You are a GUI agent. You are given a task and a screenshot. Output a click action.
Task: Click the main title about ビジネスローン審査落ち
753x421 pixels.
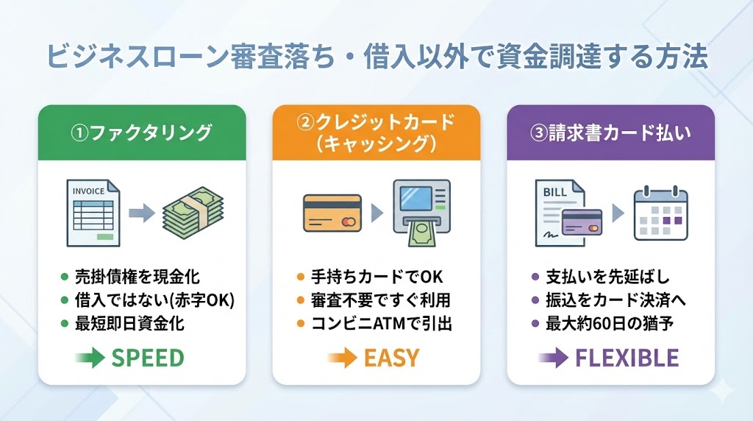point(376,57)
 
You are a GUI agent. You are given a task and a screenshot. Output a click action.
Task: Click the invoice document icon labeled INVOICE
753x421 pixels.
point(93,213)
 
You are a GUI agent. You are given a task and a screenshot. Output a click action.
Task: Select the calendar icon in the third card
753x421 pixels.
point(660,213)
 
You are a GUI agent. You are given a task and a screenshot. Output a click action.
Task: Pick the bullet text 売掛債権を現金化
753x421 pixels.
point(137,277)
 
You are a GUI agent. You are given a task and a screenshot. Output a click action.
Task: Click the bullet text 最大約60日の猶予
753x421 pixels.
point(610,323)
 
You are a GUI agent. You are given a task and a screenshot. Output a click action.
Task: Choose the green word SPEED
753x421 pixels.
point(147,358)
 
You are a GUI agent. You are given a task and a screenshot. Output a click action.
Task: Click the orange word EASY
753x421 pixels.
point(391,358)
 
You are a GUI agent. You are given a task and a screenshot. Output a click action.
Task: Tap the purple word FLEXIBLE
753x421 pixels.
point(627,358)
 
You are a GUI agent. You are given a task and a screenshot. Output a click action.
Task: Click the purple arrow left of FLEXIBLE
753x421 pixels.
point(553,358)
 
